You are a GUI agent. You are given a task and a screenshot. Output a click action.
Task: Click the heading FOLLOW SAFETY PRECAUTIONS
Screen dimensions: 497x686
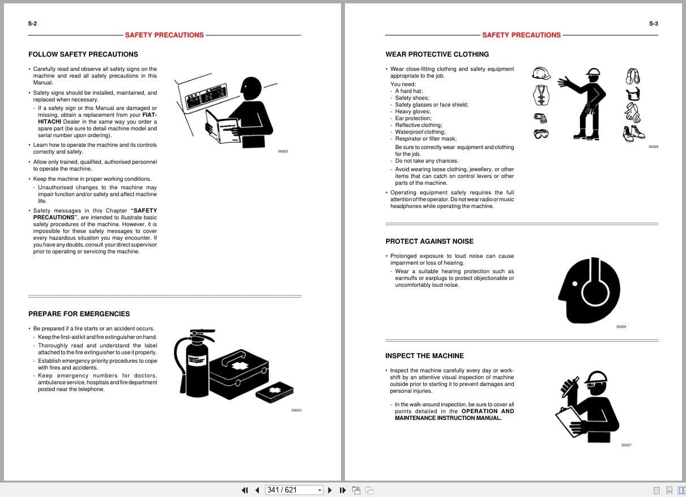pos(83,54)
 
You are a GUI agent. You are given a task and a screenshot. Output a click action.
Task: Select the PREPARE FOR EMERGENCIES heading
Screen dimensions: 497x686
pos(79,314)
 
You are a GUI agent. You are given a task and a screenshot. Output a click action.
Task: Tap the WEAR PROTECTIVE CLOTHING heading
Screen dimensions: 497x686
pos(437,54)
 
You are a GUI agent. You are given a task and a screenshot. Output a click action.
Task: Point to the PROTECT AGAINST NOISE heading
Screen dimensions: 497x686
pos(429,241)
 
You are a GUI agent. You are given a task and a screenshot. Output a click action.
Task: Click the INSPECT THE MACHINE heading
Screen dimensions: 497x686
pos(424,356)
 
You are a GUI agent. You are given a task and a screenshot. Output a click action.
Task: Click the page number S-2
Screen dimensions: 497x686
pos(32,24)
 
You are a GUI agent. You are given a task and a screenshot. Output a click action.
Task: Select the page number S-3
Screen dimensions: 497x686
pos(653,24)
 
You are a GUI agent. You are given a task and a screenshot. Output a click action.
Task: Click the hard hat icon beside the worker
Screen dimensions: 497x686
pos(541,74)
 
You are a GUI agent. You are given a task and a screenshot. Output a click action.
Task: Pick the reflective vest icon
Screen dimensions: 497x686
pos(541,95)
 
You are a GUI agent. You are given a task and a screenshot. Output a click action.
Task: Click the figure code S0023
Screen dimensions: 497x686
pos(296,410)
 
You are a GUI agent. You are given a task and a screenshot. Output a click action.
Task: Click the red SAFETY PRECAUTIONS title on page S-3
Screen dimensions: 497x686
pos(521,35)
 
